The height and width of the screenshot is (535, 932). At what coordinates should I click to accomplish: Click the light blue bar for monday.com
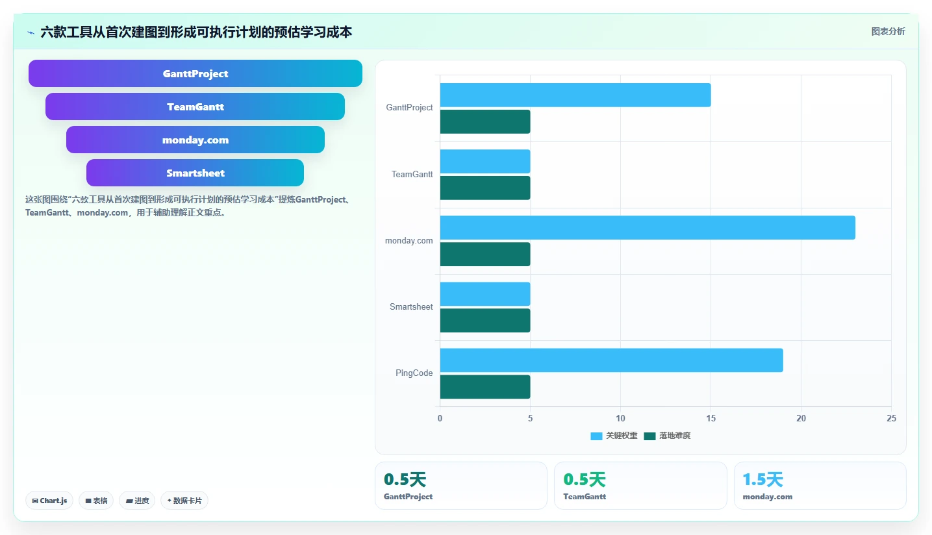(x=648, y=227)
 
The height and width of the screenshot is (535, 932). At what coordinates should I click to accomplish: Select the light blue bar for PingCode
(x=612, y=360)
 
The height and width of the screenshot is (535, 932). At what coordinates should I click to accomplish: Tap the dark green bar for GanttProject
(x=485, y=122)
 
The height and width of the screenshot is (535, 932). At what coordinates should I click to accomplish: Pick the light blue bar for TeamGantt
(x=485, y=162)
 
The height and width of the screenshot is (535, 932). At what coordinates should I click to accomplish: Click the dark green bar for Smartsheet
(x=485, y=320)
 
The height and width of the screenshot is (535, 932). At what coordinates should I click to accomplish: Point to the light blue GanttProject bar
(x=575, y=95)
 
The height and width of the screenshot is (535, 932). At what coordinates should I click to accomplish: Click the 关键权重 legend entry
(x=614, y=436)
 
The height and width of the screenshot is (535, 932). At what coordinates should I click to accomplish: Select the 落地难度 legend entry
(x=667, y=436)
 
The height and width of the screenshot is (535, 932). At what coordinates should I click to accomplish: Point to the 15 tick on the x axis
(x=711, y=418)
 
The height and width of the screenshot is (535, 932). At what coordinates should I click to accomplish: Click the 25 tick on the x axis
(x=891, y=418)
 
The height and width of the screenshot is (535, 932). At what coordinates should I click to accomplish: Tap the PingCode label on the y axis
(x=414, y=373)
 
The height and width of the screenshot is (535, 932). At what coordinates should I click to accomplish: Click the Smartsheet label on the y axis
(x=411, y=306)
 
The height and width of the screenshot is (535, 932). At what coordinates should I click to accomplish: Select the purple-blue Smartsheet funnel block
(x=195, y=173)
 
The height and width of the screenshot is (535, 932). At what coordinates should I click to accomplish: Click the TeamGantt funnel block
(x=195, y=106)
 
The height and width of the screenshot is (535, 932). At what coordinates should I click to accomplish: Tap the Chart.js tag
(x=49, y=501)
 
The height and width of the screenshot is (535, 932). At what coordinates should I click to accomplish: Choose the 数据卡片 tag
(x=184, y=501)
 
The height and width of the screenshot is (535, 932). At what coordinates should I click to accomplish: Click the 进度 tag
(x=137, y=501)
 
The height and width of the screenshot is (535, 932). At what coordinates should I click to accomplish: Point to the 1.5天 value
(x=762, y=479)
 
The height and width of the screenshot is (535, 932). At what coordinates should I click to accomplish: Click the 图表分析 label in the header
(x=888, y=31)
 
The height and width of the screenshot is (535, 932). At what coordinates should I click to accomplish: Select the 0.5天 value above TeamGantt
(x=584, y=479)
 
